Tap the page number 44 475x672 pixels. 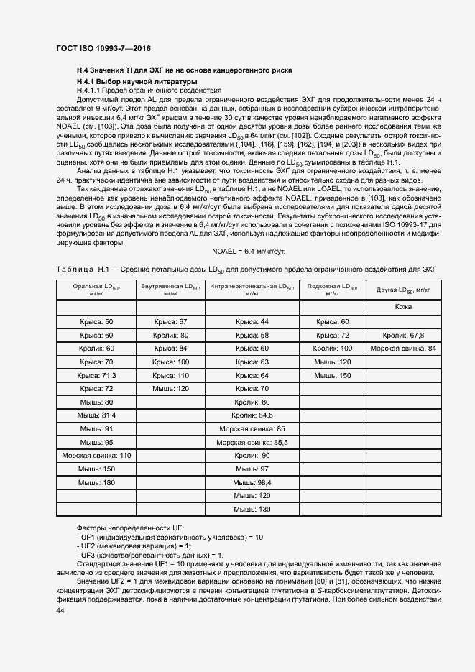point(60,610)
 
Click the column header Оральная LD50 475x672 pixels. point(96,290)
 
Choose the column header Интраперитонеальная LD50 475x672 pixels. point(252,290)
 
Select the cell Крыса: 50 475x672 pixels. point(96,322)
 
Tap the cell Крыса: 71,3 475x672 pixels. point(96,375)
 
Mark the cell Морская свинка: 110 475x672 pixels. point(96,456)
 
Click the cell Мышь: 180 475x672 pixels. point(96,482)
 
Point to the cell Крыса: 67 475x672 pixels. point(170,322)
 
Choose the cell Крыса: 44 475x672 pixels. point(252,322)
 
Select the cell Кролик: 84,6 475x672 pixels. point(252,415)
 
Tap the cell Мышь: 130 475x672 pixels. point(252,509)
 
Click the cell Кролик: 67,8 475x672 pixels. point(403,335)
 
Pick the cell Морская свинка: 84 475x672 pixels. point(403,349)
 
